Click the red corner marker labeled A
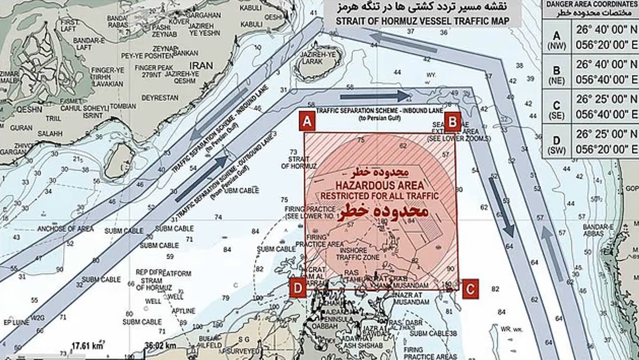point(307,122)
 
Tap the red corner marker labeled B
point(453,122)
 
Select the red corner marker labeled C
point(470,289)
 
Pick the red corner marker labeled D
point(297,288)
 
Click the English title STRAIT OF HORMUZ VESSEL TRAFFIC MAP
point(422,22)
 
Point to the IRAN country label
point(201,65)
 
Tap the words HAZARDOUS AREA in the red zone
point(380,185)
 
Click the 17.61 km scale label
point(87,346)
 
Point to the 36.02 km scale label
point(161,346)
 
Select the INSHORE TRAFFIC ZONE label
point(359,254)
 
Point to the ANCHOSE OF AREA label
point(65,229)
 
